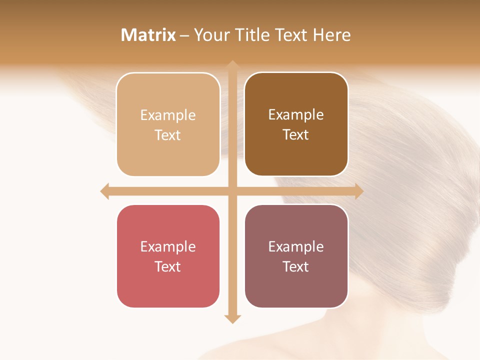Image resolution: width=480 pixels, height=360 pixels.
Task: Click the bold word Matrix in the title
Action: pyautogui.click(x=148, y=35)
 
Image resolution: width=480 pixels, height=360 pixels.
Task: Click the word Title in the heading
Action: pyautogui.click(x=252, y=35)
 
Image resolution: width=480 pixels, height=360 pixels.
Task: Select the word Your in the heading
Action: pyautogui.click(x=212, y=35)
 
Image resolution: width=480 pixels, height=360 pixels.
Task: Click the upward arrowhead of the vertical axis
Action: pyautogui.click(x=232, y=65)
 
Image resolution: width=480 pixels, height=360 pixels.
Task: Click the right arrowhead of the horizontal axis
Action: pyautogui.click(x=358, y=191)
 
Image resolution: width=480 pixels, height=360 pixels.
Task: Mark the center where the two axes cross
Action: pyautogui.click(x=232, y=191)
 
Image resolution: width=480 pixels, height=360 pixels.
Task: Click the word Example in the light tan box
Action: pyautogui.click(x=168, y=115)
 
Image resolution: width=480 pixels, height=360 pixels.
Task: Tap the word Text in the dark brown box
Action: pyautogui.click(x=296, y=134)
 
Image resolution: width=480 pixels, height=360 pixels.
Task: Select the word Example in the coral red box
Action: pyautogui.click(x=168, y=246)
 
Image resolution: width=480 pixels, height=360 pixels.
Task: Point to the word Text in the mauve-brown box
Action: pyautogui.click(x=296, y=266)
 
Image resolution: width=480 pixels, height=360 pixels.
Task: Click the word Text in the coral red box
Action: pyautogui.click(x=168, y=266)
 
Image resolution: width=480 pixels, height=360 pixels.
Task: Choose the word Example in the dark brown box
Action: pyautogui.click(x=296, y=114)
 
